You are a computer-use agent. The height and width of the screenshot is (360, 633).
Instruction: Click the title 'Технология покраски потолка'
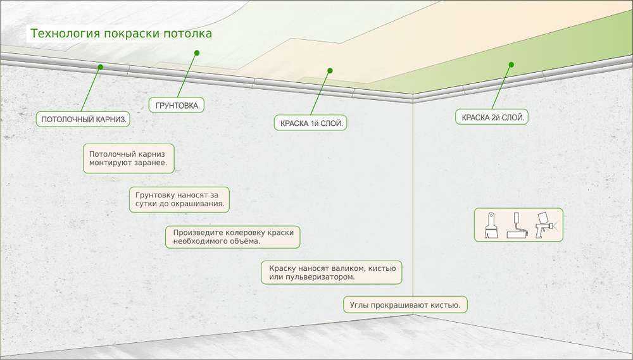(121, 33)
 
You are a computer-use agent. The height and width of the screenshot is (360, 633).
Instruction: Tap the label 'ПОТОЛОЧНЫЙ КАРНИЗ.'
(83, 119)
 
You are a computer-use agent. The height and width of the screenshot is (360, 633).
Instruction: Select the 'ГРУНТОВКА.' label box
(177, 105)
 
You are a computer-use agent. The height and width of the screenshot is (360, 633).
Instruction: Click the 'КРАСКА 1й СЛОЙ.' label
(310, 123)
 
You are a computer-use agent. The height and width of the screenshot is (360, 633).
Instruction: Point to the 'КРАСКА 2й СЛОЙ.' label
(492, 117)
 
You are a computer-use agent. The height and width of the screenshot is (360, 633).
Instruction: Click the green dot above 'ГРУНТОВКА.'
(197, 53)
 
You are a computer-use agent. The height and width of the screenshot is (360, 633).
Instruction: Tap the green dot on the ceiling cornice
(101, 67)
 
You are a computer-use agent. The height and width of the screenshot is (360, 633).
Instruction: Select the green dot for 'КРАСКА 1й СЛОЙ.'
(330, 71)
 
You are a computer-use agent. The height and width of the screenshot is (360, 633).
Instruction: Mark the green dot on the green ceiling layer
(511, 65)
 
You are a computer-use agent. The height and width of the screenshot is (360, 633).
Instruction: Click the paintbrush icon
(491, 225)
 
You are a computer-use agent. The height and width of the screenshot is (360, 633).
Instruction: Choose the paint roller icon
(517, 225)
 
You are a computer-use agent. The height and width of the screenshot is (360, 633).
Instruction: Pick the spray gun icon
(545, 225)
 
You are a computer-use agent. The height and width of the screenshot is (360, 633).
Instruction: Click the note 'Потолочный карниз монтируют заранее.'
(128, 159)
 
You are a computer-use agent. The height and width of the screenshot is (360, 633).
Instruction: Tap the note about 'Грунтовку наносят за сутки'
(179, 199)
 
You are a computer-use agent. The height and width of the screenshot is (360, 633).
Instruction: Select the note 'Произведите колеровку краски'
(233, 237)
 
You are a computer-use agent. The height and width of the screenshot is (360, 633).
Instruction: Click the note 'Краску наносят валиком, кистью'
(332, 273)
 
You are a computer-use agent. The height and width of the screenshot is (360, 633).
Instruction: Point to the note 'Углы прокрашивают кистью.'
(405, 305)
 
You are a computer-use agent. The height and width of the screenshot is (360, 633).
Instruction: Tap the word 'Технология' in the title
(65, 33)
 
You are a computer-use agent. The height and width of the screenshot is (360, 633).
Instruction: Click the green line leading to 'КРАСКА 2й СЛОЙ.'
(501, 87)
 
